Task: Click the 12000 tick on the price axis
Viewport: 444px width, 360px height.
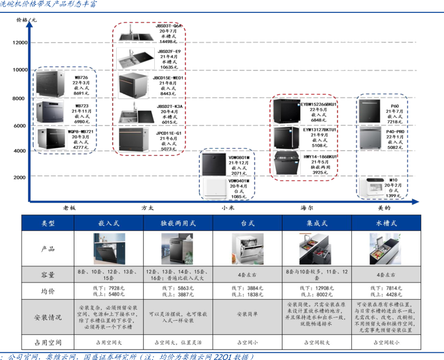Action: click(x=19, y=42)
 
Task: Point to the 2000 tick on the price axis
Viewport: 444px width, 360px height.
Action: click(x=21, y=176)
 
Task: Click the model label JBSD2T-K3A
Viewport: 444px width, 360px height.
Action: click(x=170, y=107)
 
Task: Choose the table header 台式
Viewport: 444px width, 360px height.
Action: click(x=248, y=223)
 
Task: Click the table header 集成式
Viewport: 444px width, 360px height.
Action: click(x=316, y=223)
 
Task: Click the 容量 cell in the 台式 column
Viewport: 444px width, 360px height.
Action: click(x=248, y=274)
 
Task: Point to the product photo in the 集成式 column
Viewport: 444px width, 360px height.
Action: click(x=316, y=249)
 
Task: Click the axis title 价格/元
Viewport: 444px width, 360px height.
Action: click(x=26, y=20)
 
